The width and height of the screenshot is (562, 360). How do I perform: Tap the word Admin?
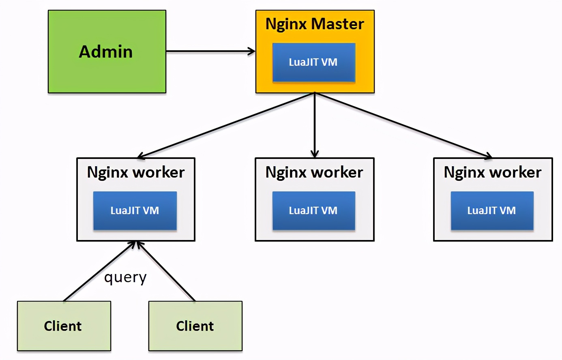106,52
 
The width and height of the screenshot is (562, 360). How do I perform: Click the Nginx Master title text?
315,24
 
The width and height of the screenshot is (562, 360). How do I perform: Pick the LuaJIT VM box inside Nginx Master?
314,62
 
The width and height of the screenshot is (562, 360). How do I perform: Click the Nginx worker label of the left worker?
136,172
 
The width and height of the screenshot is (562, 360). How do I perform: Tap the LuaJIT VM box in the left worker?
135,211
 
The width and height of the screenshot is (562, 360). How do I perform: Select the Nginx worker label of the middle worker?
314,172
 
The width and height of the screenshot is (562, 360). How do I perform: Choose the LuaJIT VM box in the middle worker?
314,211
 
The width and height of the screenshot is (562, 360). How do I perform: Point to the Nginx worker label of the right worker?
493,172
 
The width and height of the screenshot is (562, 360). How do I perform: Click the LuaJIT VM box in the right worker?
492,211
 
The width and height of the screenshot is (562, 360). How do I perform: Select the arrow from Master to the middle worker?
315,126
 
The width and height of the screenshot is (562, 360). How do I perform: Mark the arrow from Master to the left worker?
227,125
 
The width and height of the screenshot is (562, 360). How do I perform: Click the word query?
125,278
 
